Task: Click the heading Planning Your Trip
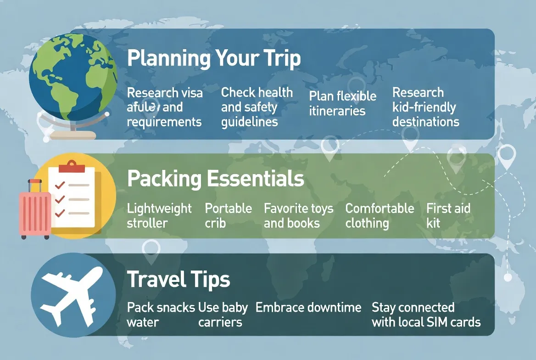[214, 59]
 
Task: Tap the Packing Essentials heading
[215, 179]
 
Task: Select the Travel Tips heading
[179, 280]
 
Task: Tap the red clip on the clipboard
[72, 166]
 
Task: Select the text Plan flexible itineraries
[342, 103]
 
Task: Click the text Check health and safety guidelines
[257, 107]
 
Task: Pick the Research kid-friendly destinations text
[425, 107]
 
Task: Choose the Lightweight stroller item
[159, 216]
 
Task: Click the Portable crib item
[228, 216]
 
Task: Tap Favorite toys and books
[298, 216]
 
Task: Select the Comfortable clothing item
[380, 216]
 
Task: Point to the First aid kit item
[448, 216]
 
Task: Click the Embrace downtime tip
[308, 307]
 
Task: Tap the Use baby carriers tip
[223, 315]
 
